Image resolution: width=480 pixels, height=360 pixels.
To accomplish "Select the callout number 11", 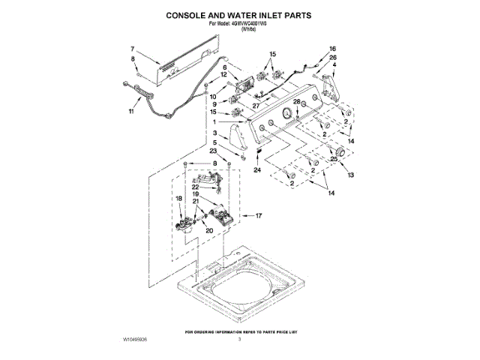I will click(131, 112).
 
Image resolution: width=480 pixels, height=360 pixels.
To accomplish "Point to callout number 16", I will click(333, 49).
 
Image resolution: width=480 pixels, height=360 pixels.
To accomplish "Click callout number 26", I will click(333, 58).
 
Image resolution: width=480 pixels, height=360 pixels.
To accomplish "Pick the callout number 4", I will click(334, 66).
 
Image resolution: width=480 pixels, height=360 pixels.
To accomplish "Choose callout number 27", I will click(256, 106).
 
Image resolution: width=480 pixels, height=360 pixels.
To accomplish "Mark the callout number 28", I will click(295, 102).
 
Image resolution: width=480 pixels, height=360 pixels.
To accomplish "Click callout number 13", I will click(349, 175).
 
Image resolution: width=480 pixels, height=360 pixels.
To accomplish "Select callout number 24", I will click(257, 170).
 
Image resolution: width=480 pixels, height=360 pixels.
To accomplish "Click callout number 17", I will click(259, 216).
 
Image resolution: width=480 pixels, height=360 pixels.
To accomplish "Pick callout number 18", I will click(179, 198).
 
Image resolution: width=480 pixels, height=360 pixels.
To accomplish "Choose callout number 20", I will click(210, 231).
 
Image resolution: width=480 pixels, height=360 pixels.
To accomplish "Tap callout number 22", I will click(194, 187).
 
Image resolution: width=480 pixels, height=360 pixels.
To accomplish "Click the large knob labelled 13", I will click(336, 154).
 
